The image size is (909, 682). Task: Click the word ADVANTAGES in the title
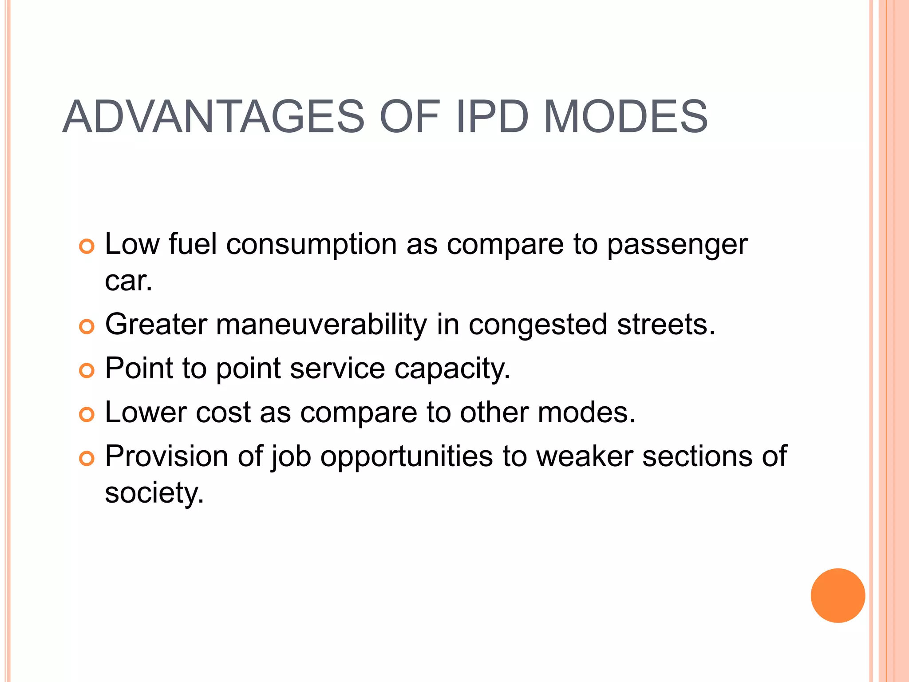pyautogui.click(x=213, y=117)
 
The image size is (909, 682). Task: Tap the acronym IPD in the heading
pyautogui.click(x=492, y=117)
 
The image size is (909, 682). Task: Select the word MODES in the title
pyautogui.click(x=625, y=117)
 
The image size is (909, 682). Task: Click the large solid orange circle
pyautogui.click(x=838, y=595)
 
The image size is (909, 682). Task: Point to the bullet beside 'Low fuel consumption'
pyautogui.click(x=87, y=246)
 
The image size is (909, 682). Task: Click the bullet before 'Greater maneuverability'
pyautogui.click(x=87, y=327)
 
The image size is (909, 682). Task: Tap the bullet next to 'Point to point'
pyautogui.click(x=87, y=370)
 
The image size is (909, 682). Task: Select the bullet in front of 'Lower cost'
pyautogui.click(x=87, y=414)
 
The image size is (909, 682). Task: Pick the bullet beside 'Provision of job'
pyautogui.click(x=87, y=458)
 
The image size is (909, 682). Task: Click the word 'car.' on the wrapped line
pyautogui.click(x=128, y=282)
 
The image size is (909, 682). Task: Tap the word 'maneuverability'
pyautogui.click(x=321, y=325)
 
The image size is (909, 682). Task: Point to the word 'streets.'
pyautogui.click(x=666, y=325)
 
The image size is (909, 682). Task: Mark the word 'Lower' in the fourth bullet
pyautogui.click(x=146, y=412)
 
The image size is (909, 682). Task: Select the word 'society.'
pyautogui.click(x=154, y=494)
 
